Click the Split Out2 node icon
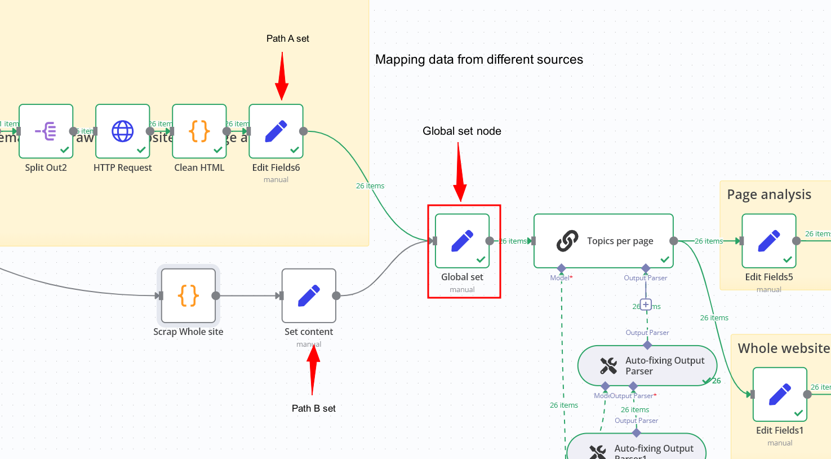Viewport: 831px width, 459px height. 46,131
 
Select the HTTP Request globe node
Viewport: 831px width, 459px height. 123,131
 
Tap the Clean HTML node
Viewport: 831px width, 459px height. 199,131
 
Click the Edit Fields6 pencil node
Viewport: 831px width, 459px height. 276,131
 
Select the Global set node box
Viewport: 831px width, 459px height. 462,241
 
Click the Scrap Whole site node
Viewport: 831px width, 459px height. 188,295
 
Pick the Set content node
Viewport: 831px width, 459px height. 309,295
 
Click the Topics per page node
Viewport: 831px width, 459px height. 603,241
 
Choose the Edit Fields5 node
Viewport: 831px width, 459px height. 769,241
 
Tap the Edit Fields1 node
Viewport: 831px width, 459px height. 780,395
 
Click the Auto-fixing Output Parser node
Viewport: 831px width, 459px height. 647,366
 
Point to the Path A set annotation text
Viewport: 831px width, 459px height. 287,38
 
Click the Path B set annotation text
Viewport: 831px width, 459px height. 313,408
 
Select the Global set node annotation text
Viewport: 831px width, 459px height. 461,131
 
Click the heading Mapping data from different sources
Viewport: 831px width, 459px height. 479,60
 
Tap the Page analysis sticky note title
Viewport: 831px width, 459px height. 769,195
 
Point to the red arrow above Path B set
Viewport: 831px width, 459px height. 313,369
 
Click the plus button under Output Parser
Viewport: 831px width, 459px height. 646,305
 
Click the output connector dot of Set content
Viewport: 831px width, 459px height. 336,295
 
